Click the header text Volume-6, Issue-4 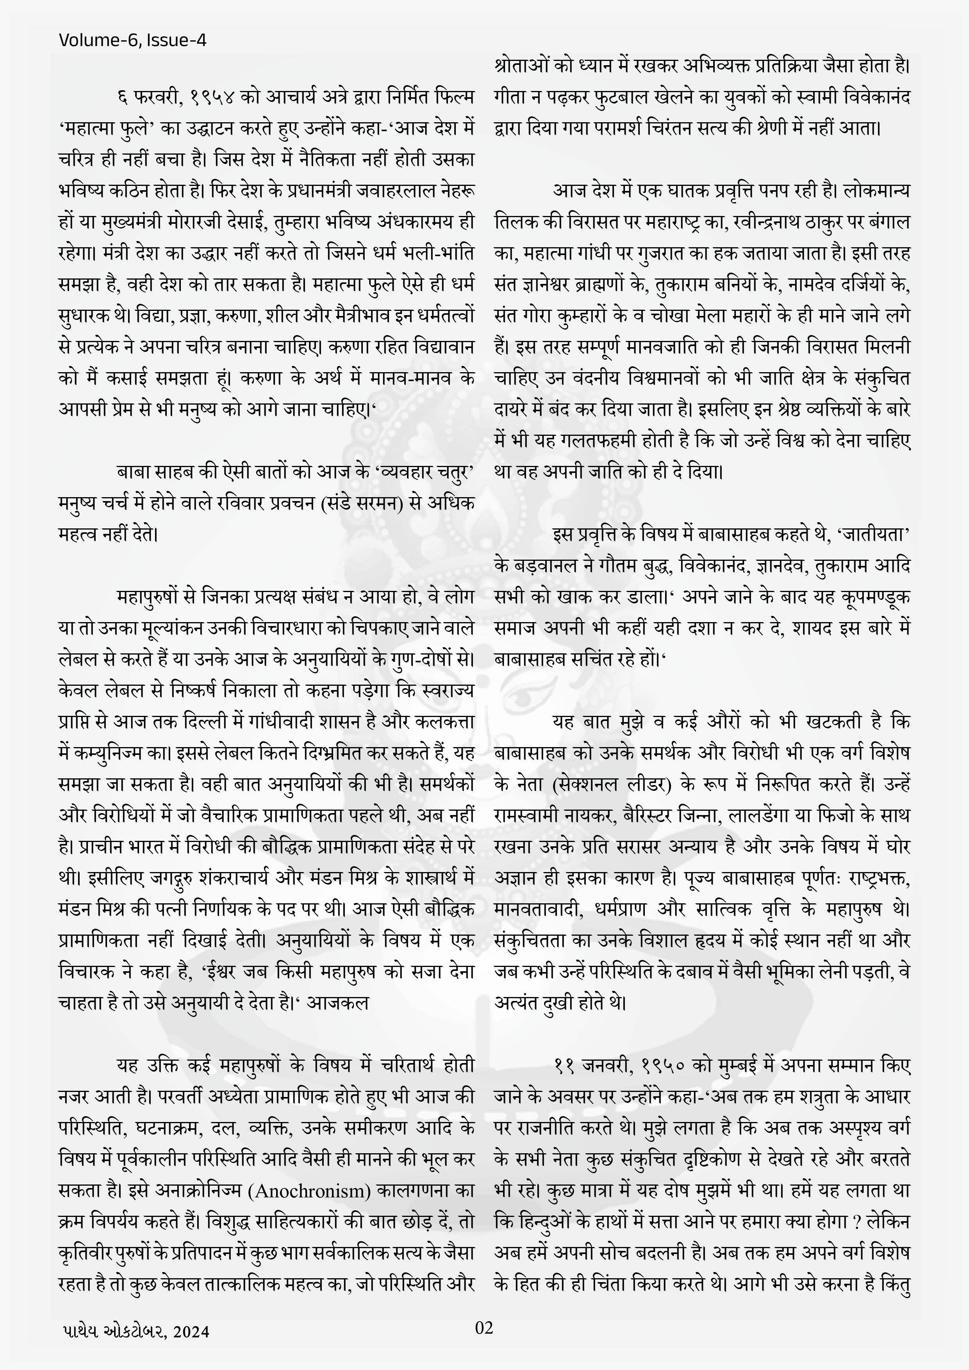pyautogui.click(x=132, y=41)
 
